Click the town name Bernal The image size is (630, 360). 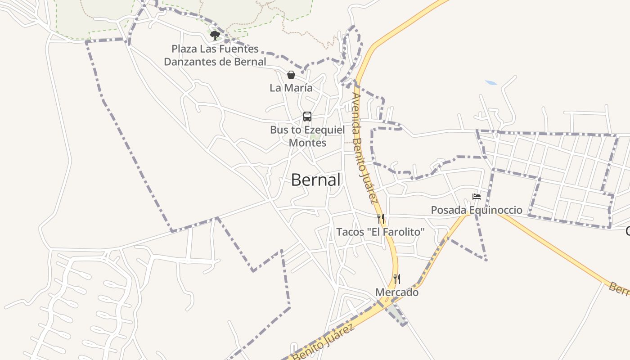[315, 180]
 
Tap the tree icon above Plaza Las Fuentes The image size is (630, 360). [215, 35]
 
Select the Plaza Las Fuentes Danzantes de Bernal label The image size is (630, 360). [215, 55]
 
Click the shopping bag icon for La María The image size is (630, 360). [291, 75]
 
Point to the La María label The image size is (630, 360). [291, 88]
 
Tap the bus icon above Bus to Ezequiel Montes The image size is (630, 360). [307, 117]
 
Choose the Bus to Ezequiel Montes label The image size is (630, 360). [307, 136]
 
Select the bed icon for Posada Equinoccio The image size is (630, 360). [476, 196]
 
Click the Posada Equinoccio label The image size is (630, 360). [477, 210]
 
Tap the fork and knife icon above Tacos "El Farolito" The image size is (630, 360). [381, 219]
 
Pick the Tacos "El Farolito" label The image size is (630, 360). [381, 232]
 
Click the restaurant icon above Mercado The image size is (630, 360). [396, 279]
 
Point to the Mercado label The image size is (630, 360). [397, 292]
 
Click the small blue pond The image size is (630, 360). [491, 83]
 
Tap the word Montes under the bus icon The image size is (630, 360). [307, 143]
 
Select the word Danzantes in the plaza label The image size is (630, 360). [191, 62]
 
